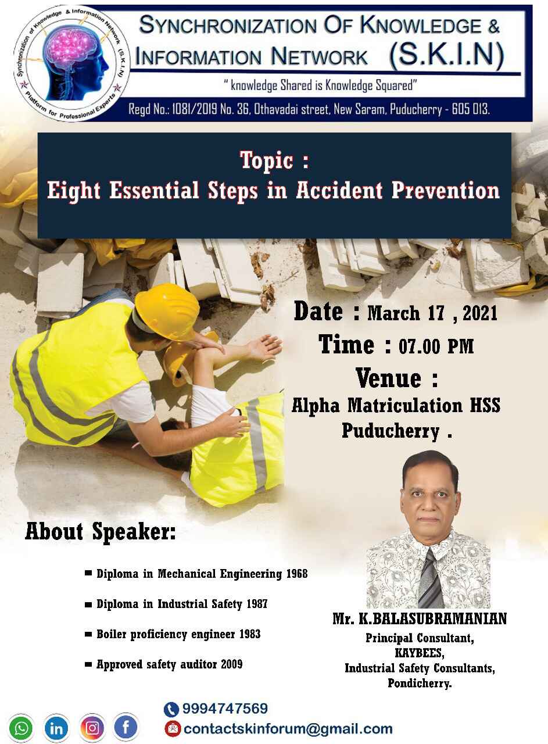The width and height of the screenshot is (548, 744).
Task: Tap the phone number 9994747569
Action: (x=225, y=709)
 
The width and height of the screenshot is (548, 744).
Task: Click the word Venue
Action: (x=388, y=378)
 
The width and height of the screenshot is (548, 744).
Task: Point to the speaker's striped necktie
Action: (x=431, y=578)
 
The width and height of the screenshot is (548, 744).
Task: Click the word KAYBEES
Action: (x=420, y=653)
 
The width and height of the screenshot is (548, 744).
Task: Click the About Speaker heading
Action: (x=101, y=532)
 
